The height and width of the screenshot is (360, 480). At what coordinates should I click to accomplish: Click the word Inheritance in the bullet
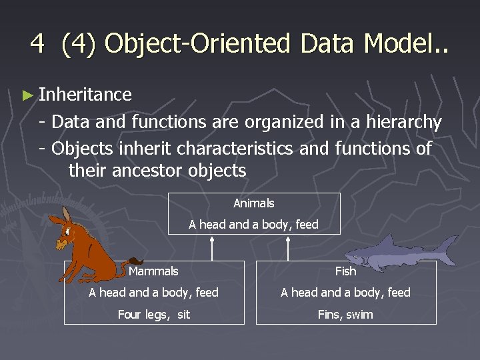(x=85, y=95)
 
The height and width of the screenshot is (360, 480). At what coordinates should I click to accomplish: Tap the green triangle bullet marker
(x=27, y=95)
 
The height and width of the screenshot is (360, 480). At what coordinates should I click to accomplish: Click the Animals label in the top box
(x=253, y=203)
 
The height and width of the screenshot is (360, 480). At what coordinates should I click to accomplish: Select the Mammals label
(x=153, y=271)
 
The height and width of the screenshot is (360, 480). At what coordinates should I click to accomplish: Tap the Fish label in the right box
(x=345, y=271)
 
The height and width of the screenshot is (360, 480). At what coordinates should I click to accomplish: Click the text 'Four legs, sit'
(x=153, y=314)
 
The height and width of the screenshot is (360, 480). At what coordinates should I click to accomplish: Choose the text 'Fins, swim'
(x=345, y=314)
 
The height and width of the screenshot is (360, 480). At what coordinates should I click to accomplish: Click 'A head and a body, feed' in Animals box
(x=253, y=225)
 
